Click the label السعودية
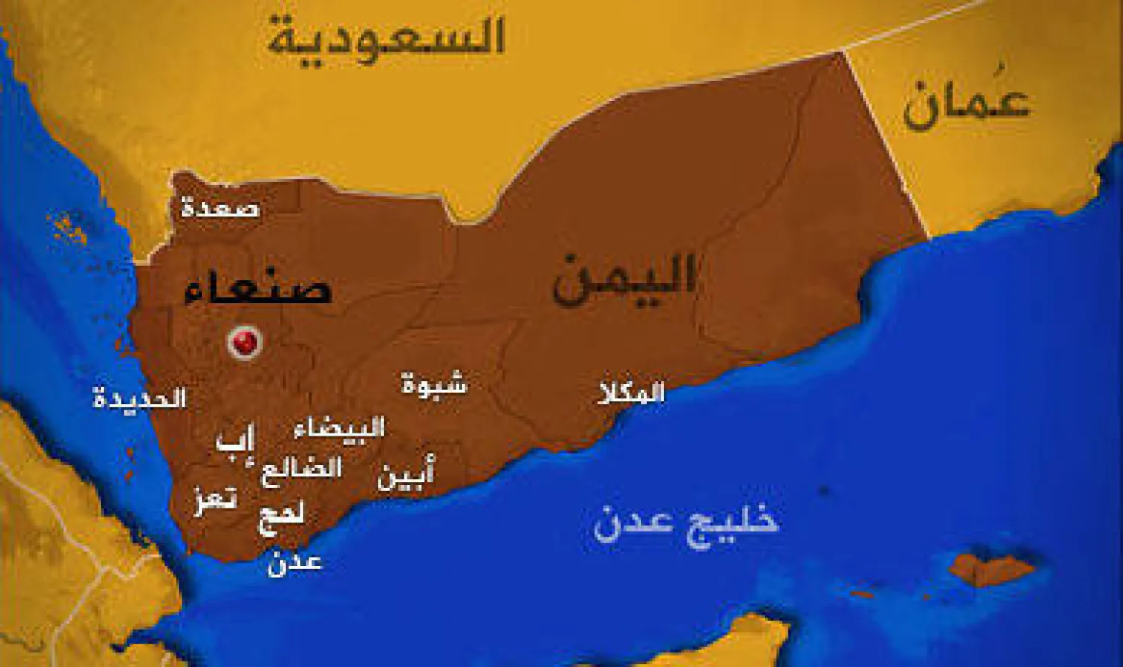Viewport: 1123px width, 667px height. click(x=386, y=37)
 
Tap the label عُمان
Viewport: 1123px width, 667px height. click(x=966, y=105)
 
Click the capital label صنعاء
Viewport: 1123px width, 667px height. click(x=258, y=289)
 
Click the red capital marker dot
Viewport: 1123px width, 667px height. click(x=244, y=343)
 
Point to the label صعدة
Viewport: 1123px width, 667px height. click(x=220, y=207)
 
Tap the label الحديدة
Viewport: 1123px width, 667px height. click(x=139, y=398)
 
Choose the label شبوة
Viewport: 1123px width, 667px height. click(x=434, y=385)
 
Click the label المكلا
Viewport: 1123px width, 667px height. click(x=631, y=392)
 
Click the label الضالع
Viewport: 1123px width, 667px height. click(x=301, y=470)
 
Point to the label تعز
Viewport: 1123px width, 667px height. click(x=216, y=499)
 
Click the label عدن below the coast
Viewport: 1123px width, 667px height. click(x=295, y=562)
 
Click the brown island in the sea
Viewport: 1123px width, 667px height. click(x=992, y=569)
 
